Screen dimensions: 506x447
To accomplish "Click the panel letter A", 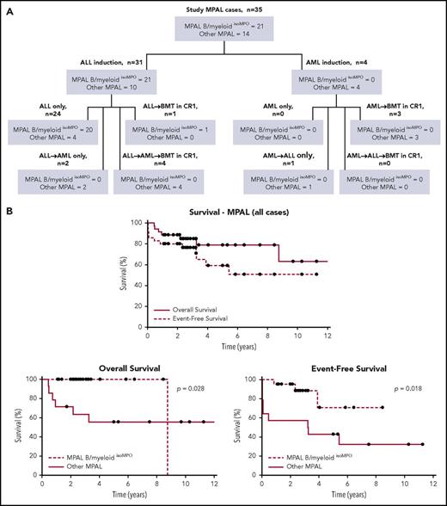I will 7,7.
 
